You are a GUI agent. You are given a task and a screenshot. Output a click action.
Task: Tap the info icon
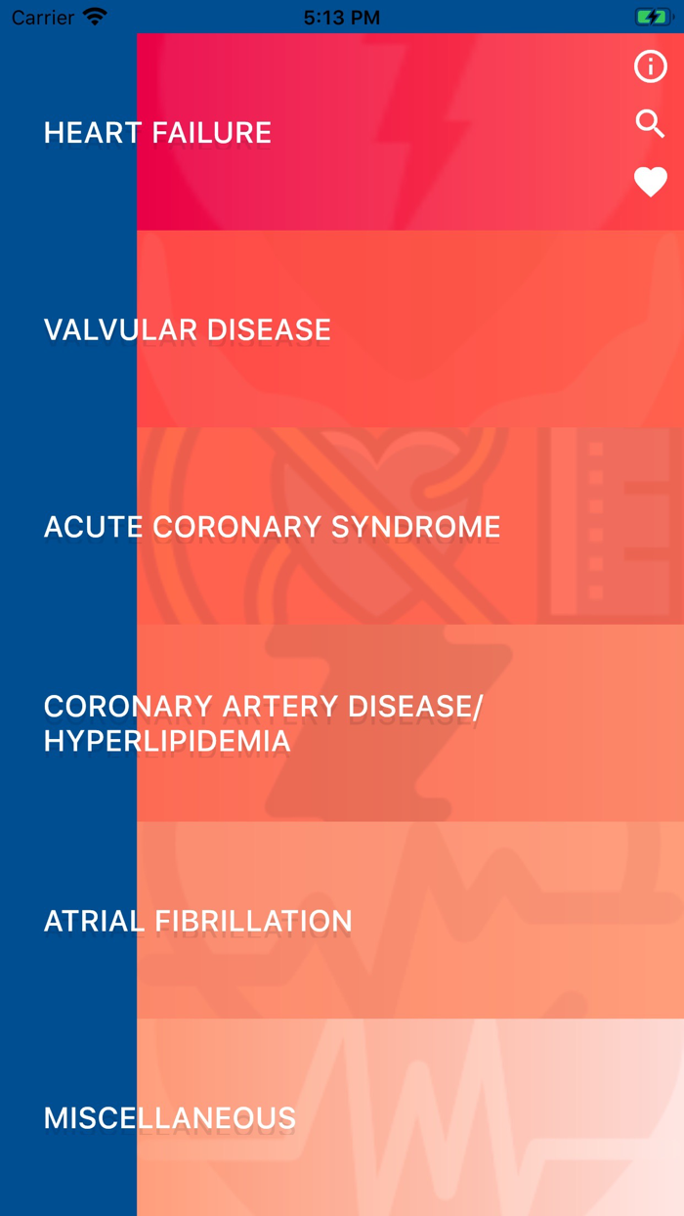click(x=650, y=66)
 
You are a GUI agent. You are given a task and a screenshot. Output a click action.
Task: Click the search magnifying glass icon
click(x=650, y=123)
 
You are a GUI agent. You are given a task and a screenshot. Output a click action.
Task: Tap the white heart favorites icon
click(x=650, y=182)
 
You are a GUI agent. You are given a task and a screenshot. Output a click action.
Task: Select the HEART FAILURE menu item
click(x=157, y=133)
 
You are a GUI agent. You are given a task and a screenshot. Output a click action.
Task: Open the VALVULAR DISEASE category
click(x=187, y=330)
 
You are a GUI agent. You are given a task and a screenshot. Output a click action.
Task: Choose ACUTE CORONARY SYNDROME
click(x=272, y=527)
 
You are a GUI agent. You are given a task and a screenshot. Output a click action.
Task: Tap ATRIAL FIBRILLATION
click(x=197, y=921)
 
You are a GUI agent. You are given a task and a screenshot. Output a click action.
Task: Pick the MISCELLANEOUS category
click(x=169, y=1118)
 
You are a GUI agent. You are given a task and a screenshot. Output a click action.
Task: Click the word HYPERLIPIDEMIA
click(x=167, y=741)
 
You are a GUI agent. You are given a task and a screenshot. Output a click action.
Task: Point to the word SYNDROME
click(x=415, y=527)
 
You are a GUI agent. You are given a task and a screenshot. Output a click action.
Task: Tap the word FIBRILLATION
click(x=253, y=921)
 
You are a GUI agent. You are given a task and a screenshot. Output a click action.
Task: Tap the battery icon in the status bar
click(x=652, y=18)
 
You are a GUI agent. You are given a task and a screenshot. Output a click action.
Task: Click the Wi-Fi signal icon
click(x=95, y=18)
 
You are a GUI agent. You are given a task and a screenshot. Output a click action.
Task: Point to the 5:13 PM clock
click(x=342, y=18)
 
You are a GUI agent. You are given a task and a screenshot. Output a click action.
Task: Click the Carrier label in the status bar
click(x=43, y=18)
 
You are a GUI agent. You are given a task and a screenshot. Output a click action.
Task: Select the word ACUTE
click(x=94, y=527)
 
